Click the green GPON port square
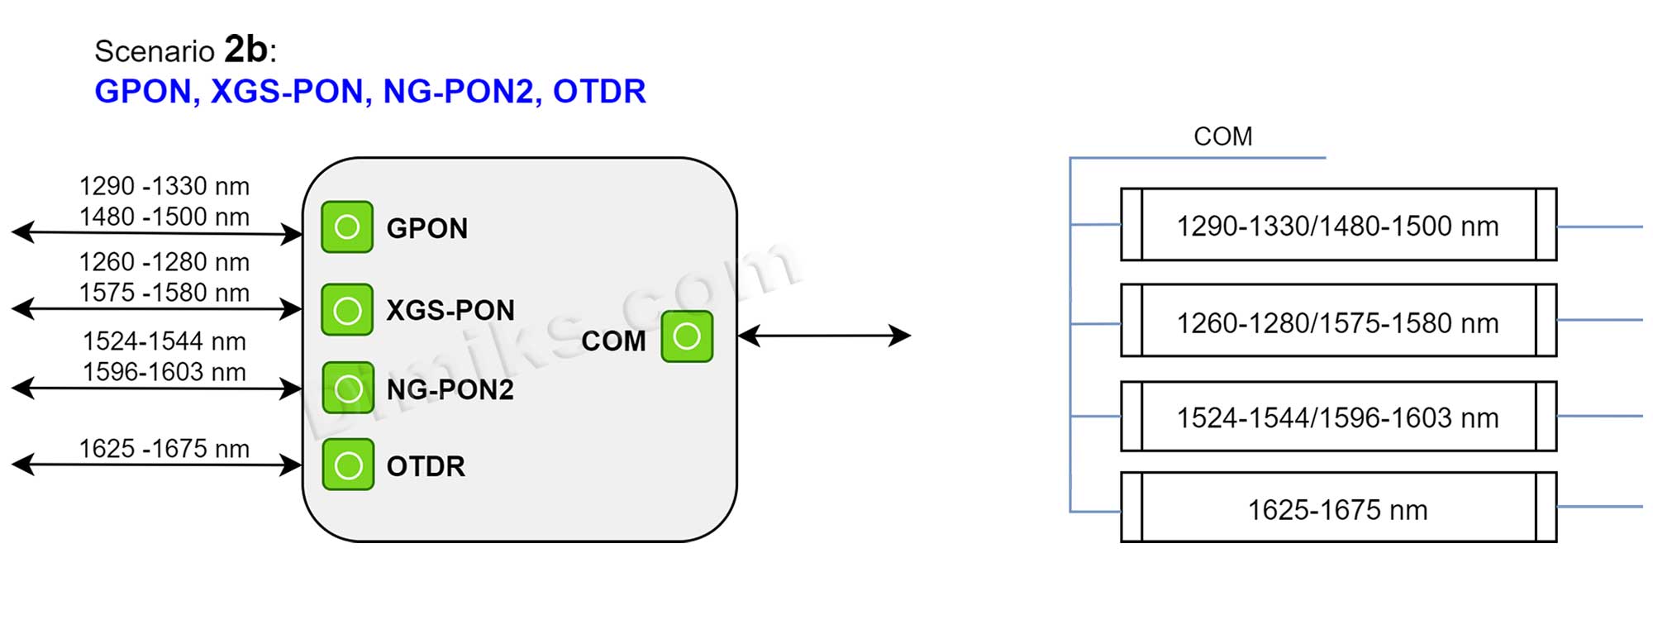pos(347,227)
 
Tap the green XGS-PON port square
pos(347,310)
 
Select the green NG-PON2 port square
pos(348,388)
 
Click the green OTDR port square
pos(348,465)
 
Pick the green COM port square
pos(687,336)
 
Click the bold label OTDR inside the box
pos(426,466)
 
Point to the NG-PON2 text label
pos(450,389)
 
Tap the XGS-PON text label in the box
pos(450,310)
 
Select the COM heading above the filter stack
pos(1222,136)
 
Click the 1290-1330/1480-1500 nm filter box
pos(1337,225)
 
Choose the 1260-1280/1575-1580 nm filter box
pos(1337,322)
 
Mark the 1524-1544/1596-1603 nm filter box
pos(1337,417)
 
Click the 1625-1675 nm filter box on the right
pos(1337,508)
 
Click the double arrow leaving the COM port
pos(824,336)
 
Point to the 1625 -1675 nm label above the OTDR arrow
pos(164,448)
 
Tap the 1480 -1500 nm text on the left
pos(164,217)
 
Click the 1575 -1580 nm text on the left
pos(164,293)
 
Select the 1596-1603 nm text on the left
pos(164,372)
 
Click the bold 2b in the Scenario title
pos(245,49)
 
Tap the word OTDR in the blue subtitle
pos(599,92)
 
